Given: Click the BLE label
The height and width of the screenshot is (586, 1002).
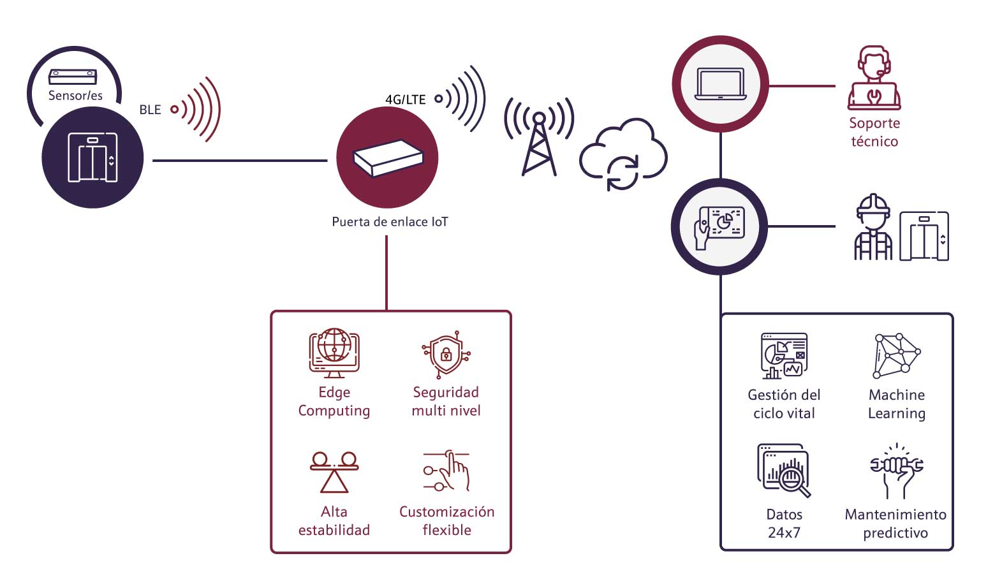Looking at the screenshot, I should (x=150, y=110).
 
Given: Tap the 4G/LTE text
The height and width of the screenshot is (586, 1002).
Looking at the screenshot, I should (x=405, y=99).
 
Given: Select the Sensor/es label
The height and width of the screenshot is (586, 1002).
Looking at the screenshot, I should (x=75, y=96).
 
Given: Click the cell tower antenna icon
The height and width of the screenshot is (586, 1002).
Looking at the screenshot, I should (x=539, y=137).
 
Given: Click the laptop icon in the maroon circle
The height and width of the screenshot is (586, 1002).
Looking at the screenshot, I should (x=720, y=84).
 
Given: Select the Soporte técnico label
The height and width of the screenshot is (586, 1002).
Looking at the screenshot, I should (x=874, y=132).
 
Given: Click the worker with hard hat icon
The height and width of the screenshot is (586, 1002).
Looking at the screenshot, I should (x=873, y=228).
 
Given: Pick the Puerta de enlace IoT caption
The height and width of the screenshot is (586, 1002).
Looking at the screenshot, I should (x=390, y=222).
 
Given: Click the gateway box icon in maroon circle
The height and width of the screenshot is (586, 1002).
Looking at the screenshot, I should (x=388, y=157).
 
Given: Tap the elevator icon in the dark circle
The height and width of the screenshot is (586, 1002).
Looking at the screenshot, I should (x=92, y=157).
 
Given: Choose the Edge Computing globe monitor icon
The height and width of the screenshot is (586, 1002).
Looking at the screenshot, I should (x=334, y=353).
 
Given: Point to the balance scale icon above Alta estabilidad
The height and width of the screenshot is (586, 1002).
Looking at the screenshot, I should (x=334, y=472).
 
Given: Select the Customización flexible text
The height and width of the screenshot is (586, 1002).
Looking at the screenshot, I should (x=446, y=520).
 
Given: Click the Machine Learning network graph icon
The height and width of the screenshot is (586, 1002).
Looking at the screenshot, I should (x=896, y=355).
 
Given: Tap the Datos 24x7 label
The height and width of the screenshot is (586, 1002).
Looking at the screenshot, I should (x=784, y=524).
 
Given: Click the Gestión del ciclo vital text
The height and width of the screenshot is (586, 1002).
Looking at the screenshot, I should (x=784, y=404).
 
